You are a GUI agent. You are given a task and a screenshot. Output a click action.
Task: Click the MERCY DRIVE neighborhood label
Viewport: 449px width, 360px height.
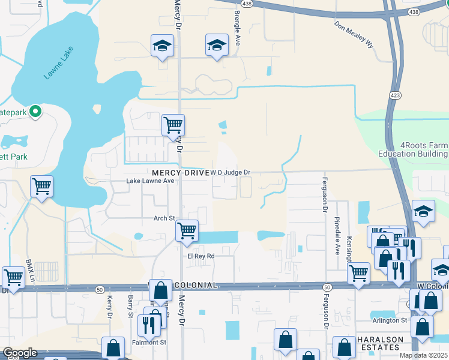coord(178,172)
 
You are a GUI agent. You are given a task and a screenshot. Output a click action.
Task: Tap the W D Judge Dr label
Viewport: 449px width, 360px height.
coord(230,172)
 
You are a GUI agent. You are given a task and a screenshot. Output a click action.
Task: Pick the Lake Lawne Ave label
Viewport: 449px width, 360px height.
coord(149,181)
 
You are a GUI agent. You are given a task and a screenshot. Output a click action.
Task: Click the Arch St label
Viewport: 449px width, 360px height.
coord(163,218)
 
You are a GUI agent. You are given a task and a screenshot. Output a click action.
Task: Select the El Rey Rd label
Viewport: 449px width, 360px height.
coord(200,256)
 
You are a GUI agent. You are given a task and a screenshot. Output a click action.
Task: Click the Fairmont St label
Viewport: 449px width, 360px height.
coord(149,342)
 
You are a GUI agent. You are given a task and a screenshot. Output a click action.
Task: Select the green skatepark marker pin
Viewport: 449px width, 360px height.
coord(35,110)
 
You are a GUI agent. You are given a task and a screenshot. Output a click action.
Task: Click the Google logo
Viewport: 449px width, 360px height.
coord(20,353)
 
